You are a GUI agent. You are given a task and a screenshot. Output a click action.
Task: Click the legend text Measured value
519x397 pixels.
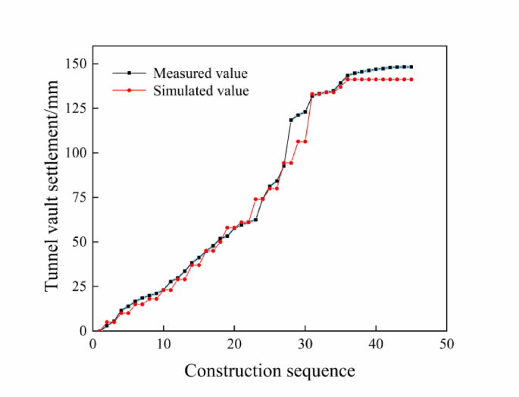tap(200, 73)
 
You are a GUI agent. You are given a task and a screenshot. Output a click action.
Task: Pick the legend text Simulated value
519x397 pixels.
tap(201, 91)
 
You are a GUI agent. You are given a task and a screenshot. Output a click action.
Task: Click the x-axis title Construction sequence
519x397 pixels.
tap(269, 371)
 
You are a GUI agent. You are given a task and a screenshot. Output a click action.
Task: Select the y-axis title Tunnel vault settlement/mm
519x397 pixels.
tap(52, 196)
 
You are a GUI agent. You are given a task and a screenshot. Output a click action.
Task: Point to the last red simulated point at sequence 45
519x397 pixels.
tap(411, 80)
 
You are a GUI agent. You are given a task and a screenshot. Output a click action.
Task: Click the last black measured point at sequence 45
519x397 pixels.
tap(411, 67)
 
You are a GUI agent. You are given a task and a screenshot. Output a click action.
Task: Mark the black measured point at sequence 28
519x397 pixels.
tap(291, 120)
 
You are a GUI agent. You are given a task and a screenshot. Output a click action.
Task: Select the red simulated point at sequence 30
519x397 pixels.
tap(305, 142)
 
